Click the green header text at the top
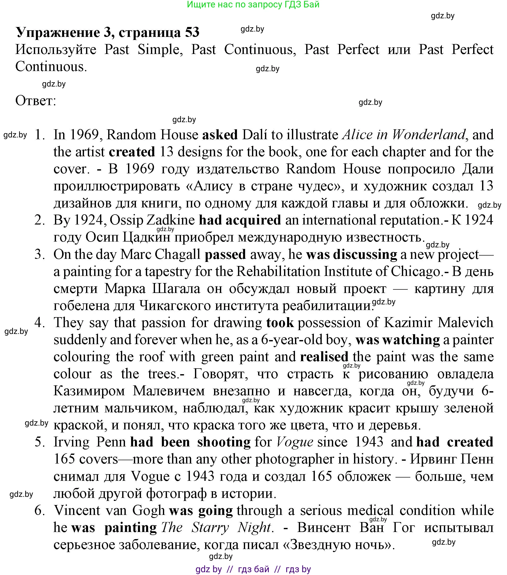253,5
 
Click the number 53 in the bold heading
192,32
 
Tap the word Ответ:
36,101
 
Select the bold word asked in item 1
220,134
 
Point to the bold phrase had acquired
240,220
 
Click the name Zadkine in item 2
171,220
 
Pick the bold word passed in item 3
225,254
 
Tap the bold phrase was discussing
351,254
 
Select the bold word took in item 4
280,322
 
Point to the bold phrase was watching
398,340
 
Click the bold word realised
324,357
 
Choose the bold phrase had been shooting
190,442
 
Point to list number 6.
40,510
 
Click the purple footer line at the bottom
253,569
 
